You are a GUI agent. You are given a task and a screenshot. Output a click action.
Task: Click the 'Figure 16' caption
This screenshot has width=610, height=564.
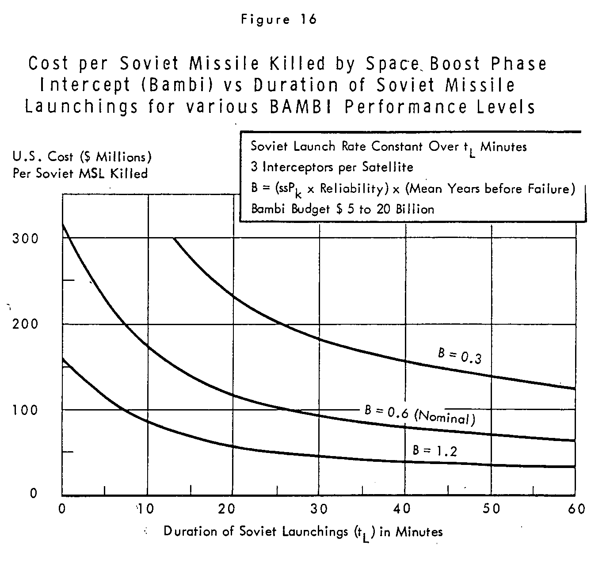(278, 19)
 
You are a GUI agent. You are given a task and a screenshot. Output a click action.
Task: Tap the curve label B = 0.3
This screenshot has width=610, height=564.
(460, 356)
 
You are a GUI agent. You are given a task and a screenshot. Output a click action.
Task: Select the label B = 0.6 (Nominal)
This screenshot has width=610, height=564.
(420, 415)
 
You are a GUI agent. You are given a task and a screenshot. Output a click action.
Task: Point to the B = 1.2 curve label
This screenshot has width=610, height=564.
(435, 451)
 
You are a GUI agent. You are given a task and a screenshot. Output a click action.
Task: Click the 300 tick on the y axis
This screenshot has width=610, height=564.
(25, 238)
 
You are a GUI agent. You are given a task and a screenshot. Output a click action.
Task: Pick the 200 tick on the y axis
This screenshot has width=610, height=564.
(25, 324)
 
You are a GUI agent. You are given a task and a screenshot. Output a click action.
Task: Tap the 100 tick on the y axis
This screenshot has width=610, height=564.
(25, 410)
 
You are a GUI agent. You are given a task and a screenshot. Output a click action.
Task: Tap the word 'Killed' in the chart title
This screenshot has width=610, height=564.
(297, 63)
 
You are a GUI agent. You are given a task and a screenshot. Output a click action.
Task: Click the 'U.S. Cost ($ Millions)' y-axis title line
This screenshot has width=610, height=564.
(82, 157)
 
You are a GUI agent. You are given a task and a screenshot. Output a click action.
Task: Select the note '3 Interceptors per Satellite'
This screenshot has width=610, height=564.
(332, 167)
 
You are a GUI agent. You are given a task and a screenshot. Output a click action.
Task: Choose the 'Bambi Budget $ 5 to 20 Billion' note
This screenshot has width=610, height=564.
(343, 209)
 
